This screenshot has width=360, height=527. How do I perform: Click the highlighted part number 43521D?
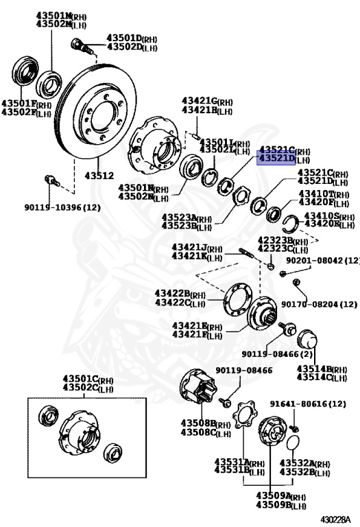(x=276, y=159)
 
